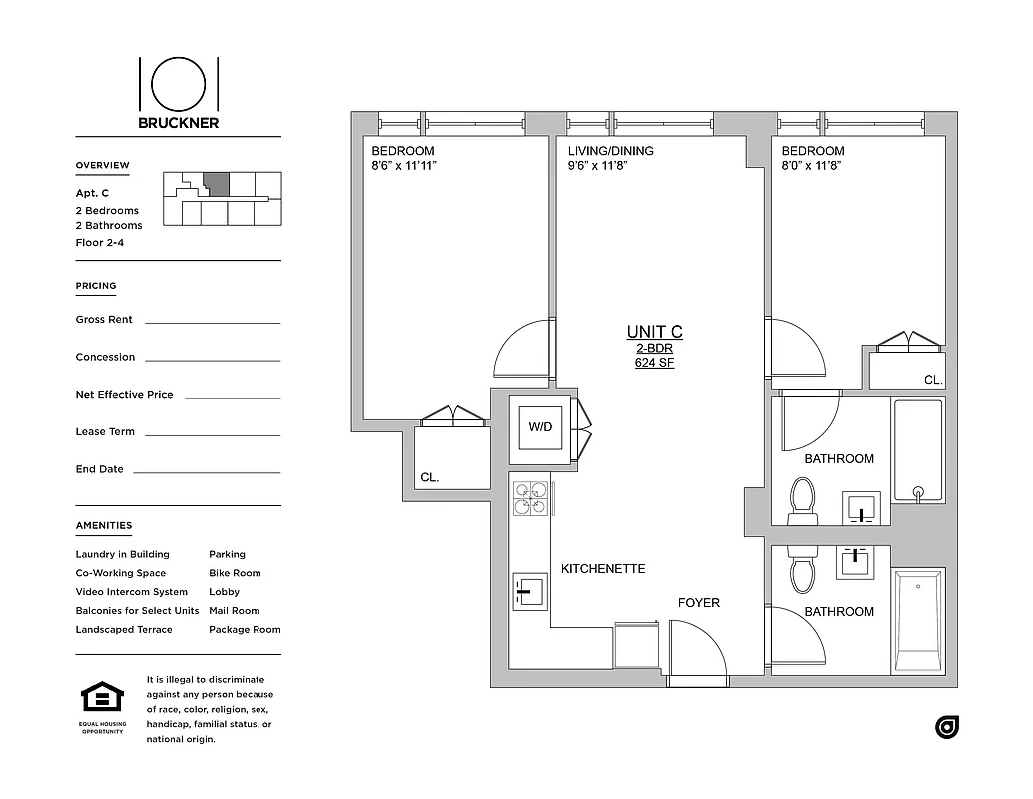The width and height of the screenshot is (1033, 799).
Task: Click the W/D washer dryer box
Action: (x=540, y=427)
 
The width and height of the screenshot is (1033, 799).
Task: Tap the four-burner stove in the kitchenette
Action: (x=530, y=498)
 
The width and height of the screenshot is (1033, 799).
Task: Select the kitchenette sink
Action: (x=529, y=592)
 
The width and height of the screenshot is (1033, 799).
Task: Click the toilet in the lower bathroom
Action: (x=802, y=570)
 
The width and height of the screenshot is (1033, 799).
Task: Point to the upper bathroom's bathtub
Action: (x=918, y=450)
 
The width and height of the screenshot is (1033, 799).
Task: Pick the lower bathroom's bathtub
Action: (x=918, y=621)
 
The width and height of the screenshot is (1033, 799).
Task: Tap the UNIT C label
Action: (x=654, y=332)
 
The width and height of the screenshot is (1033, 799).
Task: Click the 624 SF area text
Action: (x=654, y=363)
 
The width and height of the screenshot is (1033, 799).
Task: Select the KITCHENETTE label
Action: (x=603, y=569)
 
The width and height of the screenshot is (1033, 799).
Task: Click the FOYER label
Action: (x=698, y=603)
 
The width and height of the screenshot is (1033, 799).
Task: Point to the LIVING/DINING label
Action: (x=611, y=151)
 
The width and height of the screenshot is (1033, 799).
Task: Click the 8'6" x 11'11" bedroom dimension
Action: (x=404, y=166)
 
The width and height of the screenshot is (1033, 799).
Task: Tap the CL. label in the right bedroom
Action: (x=932, y=380)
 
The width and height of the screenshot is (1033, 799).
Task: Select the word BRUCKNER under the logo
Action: (x=179, y=123)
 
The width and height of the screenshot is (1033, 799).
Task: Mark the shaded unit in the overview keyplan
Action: (x=216, y=184)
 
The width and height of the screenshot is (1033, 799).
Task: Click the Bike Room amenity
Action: (x=235, y=573)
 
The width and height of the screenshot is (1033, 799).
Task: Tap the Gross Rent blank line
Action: (x=213, y=322)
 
